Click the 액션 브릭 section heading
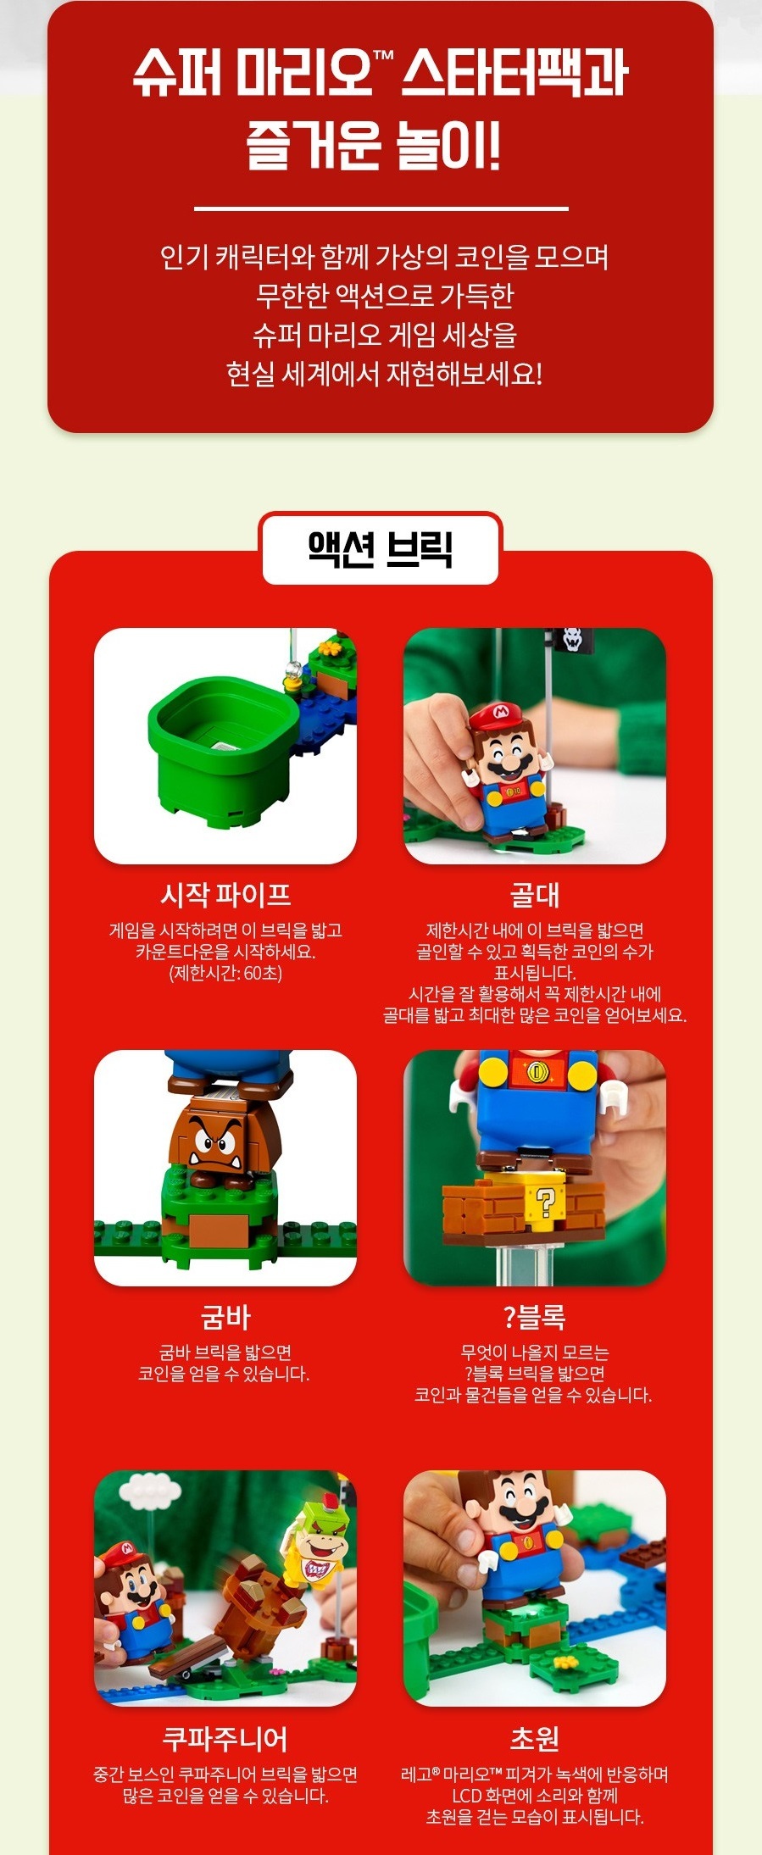(x=381, y=549)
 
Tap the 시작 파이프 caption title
(x=225, y=894)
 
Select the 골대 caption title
(x=534, y=894)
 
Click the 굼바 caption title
(x=225, y=1317)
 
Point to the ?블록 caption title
(x=534, y=1317)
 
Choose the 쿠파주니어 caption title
(x=225, y=1738)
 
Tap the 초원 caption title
(x=534, y=1738)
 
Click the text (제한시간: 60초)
(x=225, y=973)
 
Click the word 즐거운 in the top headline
(x=302, y=143)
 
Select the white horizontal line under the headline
(x=381, y=208)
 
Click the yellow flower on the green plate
(x=566, y=1661)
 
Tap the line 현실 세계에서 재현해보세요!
(x=383, y=374)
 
